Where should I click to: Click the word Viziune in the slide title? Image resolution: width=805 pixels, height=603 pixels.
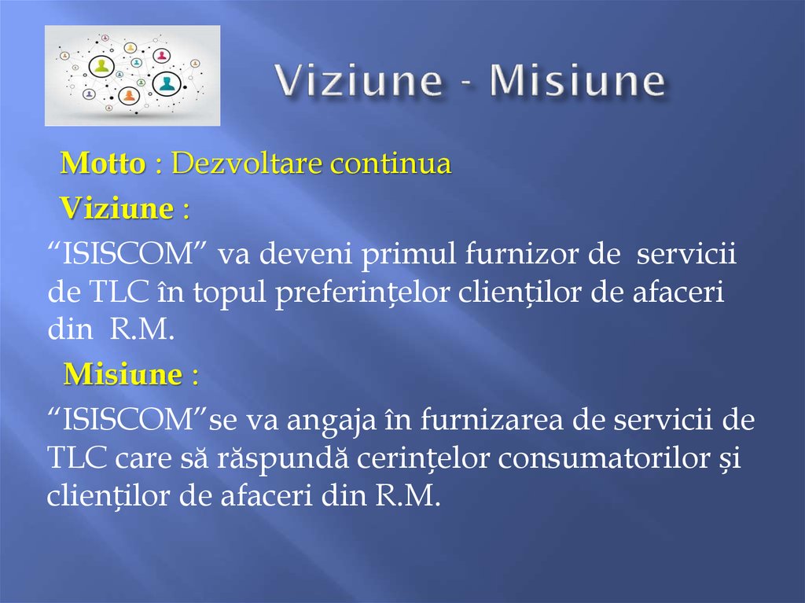click(x=357, y=82)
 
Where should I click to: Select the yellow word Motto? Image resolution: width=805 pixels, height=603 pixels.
click(x=103, y=164)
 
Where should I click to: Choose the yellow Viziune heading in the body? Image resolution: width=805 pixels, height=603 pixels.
click(x=117, y=209)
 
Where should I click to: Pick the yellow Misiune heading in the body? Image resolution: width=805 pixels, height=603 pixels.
click(x=123, y=375)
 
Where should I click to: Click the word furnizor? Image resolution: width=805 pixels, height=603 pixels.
click(x=520, y=256)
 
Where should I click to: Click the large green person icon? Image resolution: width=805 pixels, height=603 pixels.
click(x=101, y=67)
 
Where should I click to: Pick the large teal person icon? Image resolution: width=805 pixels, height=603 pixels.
click(x=166, y=83)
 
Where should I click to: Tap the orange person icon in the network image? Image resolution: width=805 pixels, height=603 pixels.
click(x=129, y=96)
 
